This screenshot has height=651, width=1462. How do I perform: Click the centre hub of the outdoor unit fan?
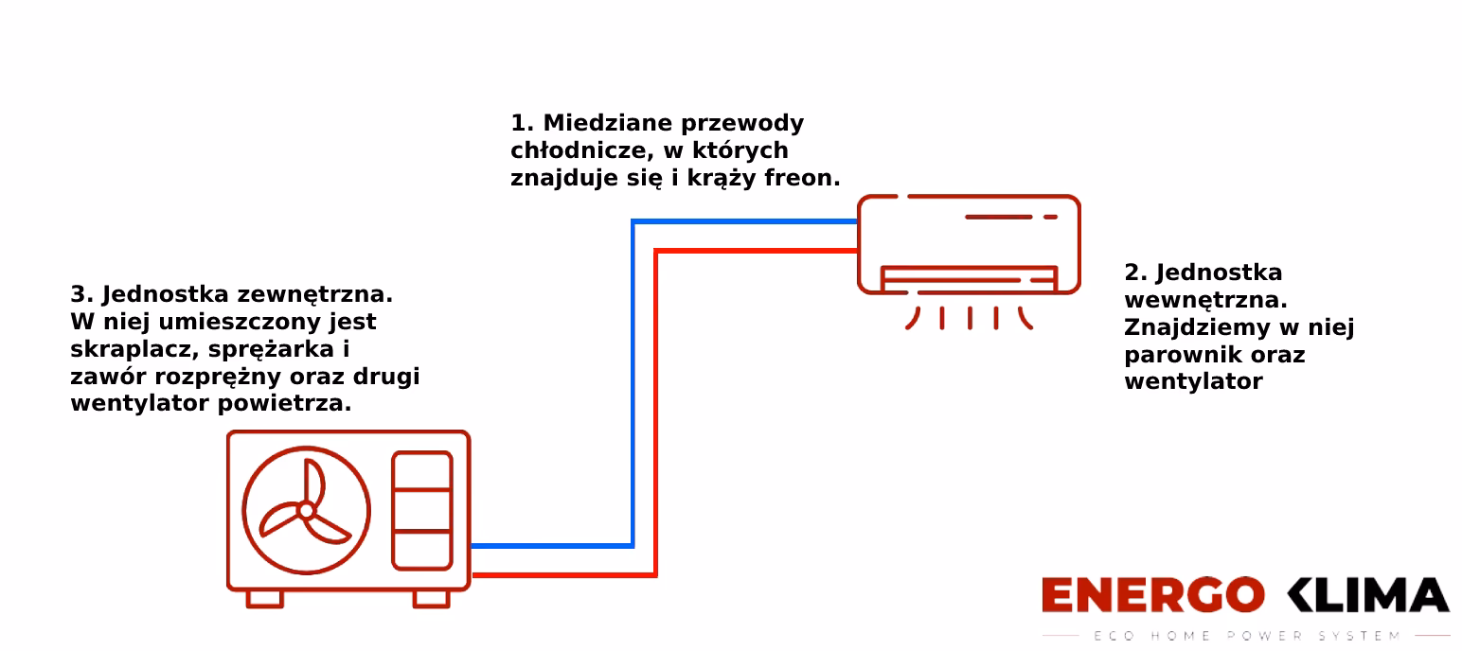[x=306, y=511]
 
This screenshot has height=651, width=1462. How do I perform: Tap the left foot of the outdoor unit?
[x=264, y=599]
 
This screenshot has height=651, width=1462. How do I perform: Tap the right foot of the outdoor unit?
[x=432, y=599]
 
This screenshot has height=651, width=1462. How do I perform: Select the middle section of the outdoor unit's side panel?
[x=422, y=511]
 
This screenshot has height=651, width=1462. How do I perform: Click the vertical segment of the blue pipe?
[x=633, y=378]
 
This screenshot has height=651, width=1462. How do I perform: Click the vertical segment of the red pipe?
[x=655, y=407]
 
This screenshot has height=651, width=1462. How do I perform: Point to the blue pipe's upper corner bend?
[x=633, y=222]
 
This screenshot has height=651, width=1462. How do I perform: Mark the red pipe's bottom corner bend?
[x=654, y=573]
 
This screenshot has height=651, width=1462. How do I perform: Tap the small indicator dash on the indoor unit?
[x=1050, y=217]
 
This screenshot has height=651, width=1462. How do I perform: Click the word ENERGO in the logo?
[x=1152, y=596]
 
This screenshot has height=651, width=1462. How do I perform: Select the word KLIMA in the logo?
[x=1367, y=596]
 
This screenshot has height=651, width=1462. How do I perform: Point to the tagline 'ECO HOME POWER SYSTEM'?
[x=1246, y=636]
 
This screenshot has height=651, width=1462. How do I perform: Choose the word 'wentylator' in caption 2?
[x=1193, y=382]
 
